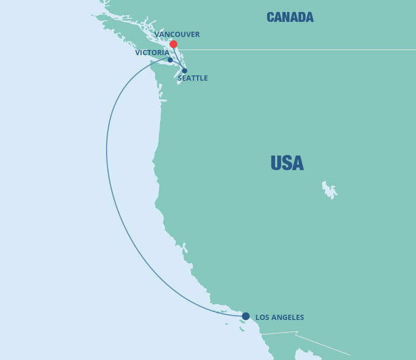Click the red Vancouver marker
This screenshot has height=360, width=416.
coord(173,44)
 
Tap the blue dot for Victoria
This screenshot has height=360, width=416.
coord(170,60)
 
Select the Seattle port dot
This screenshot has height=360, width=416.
coord(185,71)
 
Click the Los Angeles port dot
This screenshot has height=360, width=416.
coord(245,316)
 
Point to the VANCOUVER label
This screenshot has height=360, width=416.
coord(177,34)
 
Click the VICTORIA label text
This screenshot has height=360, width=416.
coord(152,53)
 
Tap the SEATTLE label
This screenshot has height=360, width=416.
coord(192,78)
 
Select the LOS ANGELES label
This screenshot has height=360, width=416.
coord(280,317)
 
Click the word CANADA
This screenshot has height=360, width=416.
coord(290,17)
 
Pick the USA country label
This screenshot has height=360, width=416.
coord(287,163)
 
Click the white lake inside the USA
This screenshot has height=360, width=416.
coord(328,190)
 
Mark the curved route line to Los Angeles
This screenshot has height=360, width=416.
coord(108,156)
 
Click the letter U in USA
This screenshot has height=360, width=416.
coord(276,163)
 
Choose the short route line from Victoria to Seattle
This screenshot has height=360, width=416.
coord(178,66)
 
